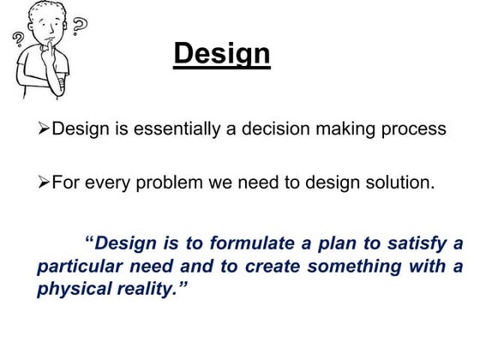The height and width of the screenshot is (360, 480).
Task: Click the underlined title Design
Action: (221, 55)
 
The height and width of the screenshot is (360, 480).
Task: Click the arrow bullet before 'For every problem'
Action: (44, 182)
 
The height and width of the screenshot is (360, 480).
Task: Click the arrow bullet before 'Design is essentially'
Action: (44, 129)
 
